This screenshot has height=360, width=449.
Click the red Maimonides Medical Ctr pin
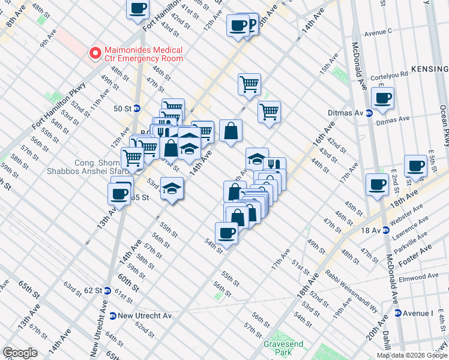pyautogui.click(x=95, y=53)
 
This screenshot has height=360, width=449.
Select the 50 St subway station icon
pyautogui.click(x=137, y=109)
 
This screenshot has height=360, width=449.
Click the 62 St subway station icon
pyautogui.click(x=107, y=290)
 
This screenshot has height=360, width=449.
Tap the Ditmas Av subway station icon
pyautogui.click(x=368, y=112)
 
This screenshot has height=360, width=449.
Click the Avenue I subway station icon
pyautogui.click(x=398, y=313)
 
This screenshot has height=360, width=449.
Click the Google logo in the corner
pyautogui.click(x=20, y=353)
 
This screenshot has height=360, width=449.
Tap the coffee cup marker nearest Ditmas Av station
pyautogui.click(x=382, y=97)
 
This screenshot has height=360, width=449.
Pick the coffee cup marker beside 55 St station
pyautogui.click(x=119, y=193)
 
